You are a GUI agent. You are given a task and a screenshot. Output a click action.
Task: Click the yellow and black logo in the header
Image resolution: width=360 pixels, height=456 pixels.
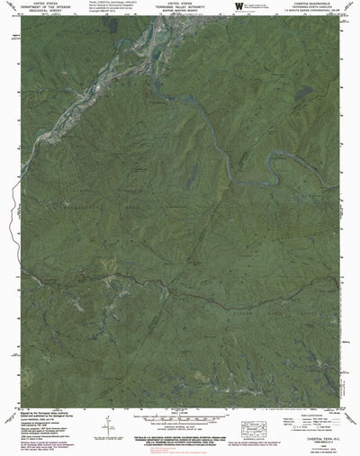239,7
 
